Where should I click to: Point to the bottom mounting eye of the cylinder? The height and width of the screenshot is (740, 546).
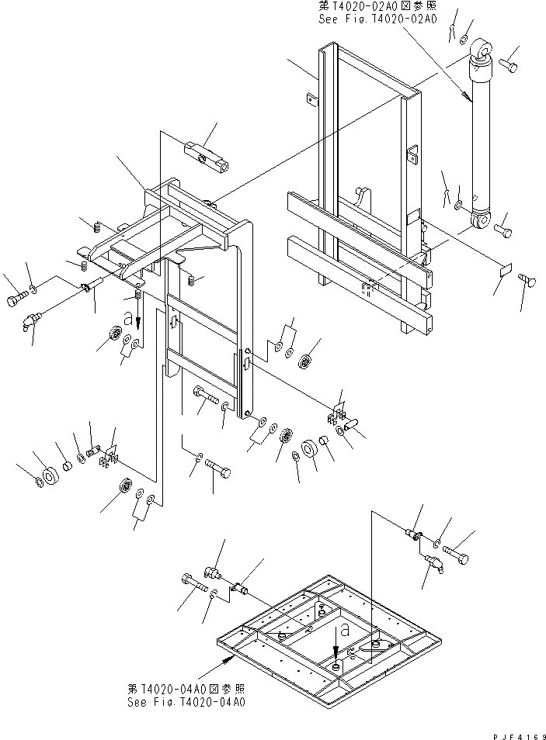(481, 224)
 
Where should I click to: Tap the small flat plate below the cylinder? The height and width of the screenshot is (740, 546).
(504, 271)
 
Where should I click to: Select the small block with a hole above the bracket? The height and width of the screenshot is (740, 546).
(207, 154)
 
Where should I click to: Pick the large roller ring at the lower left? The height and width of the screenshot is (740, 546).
(50, 475)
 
